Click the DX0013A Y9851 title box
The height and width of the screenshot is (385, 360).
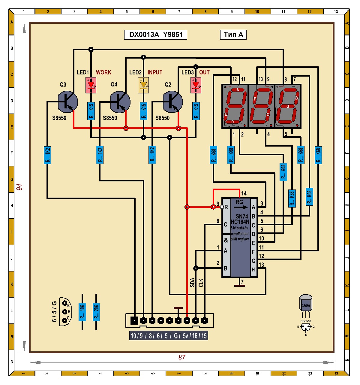click(x=155, y=35)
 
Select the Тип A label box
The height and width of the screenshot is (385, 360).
click(x=233, y=35)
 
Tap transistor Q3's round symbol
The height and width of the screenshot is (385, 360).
click(x=67, y=102)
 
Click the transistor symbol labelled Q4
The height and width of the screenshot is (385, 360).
click(x=120, y=102)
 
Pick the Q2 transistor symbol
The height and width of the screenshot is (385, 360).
click(x=172, y=102)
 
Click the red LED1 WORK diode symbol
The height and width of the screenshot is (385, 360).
click(x=91, y=85)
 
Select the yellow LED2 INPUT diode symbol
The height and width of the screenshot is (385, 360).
click(x=143, y=85)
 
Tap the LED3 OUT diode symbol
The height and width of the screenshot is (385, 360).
click(x=196, y=85)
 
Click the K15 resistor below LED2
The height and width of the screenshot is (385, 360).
click(x=143, y=111)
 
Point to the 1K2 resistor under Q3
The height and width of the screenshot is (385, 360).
click(x=47, y=155)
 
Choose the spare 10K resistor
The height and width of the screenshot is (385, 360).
click(x=82, y=312)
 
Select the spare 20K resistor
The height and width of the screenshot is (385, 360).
click(x=96, y=312)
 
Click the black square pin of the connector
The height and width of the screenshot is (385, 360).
click(x=134, y=320)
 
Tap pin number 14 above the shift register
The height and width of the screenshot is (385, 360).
click(x=244, y=193)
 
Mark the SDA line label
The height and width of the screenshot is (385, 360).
click(x=192, y=283)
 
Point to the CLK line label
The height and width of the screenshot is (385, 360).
click(x=201, y=283)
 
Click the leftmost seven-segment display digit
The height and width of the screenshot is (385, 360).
click(x=235, y=106)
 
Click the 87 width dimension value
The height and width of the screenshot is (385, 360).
click(x=182, y=357)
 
